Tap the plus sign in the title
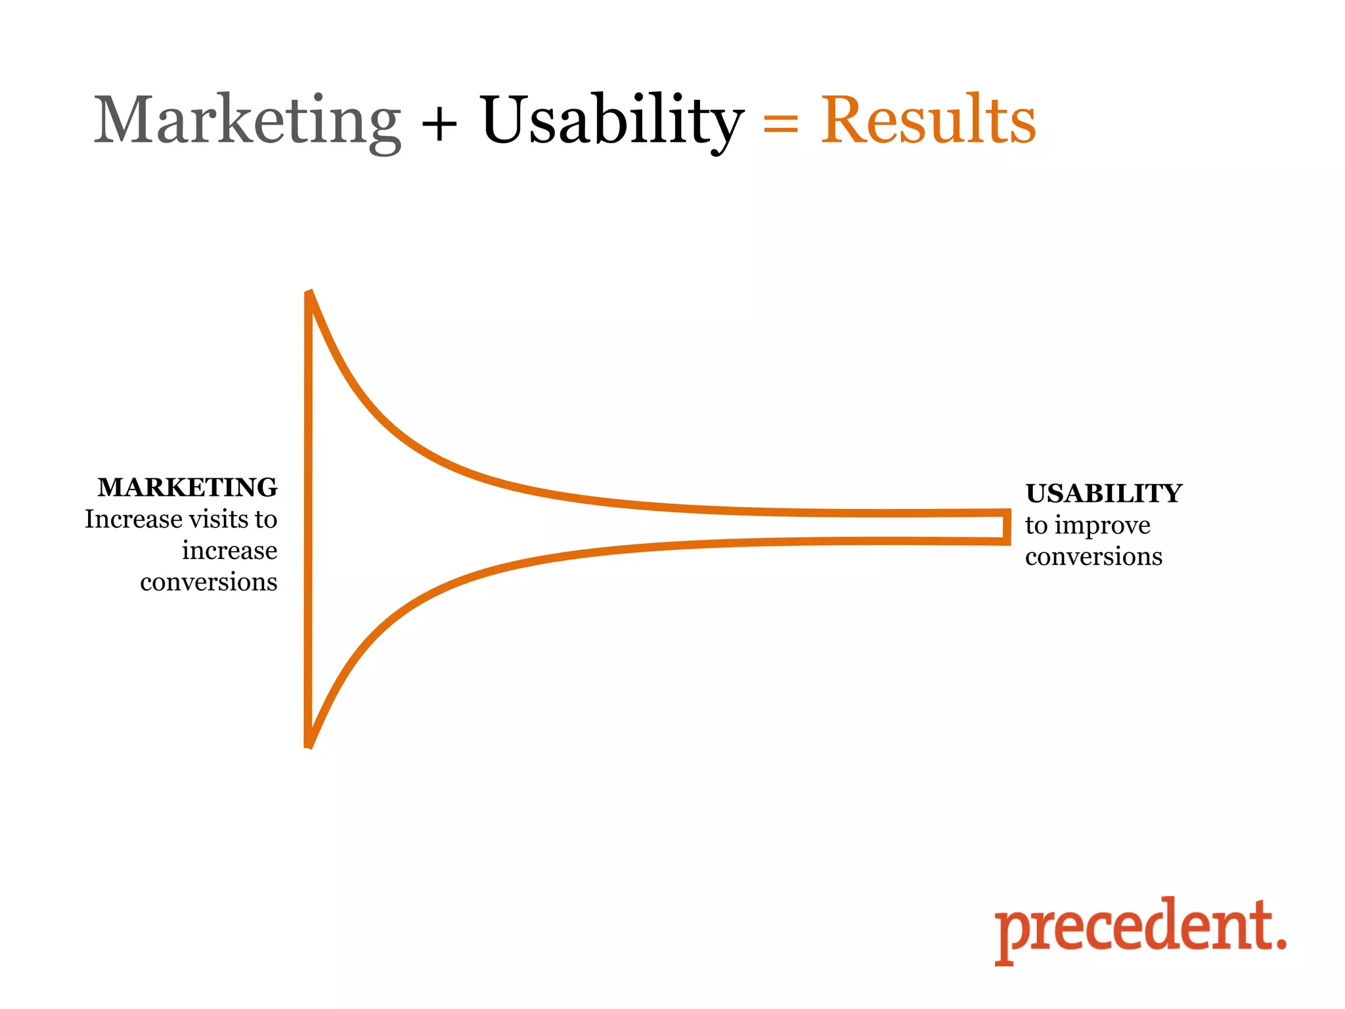(439, 123)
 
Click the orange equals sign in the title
(781, 123)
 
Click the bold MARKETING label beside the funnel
(187, 487)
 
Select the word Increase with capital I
(134, 519)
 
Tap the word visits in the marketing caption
(219, 519)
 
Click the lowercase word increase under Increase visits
(229, 550)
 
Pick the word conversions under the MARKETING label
(208, 582)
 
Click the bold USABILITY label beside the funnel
(1103, 493)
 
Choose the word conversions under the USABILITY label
(1093, 556)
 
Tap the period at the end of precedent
(1279, 944)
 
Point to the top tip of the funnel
(309, 294)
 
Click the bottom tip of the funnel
(309, 744)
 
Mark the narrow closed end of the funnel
(1006, 527)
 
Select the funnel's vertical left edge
(308, 519)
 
